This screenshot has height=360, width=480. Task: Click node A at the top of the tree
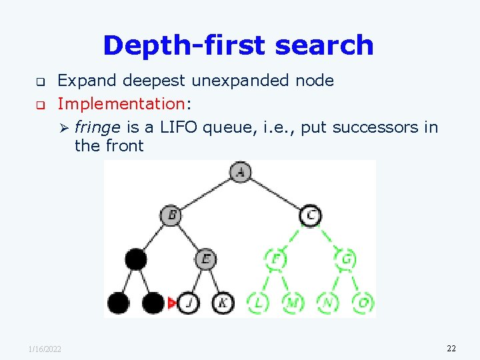pyautogui.click(x=240, y=173)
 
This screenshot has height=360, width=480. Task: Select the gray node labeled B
pyautogui.click(x=171, y=215)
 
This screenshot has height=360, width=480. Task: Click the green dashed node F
pyautogui.click(x=275, y=259)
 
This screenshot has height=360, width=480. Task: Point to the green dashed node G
pyautogui.click(x=345, y=259)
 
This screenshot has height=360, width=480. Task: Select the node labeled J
pyautogui.click(x=189, y=303)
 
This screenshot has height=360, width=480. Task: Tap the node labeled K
pyautogui.click(x=223, y=303)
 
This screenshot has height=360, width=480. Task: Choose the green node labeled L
pyautogui.click(x=257, y=303)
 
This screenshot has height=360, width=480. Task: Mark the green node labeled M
pyautogui.click(x=293, y=303)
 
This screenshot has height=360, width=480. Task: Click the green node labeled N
pyautogui.click(x=327, y=303)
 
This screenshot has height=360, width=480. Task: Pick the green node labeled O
pyautogui.click(x=363, y=303)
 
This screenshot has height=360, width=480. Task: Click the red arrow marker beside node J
pyautogui.click(x=173, y=304)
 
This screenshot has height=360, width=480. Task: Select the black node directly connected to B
pyautogui.click(x=136, y=259)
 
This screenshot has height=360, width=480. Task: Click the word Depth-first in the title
pyautogui.click(x=175, y=45)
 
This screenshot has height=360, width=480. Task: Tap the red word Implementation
pyautogui.click(x=121, y=103)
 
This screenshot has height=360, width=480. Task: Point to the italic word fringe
pyautogui.click(x=97, y=127)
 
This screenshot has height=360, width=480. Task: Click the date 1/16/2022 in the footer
pyautogui.click(x=45, y=349)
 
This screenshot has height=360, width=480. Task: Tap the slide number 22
pyautogui.click(x=451, y=348)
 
